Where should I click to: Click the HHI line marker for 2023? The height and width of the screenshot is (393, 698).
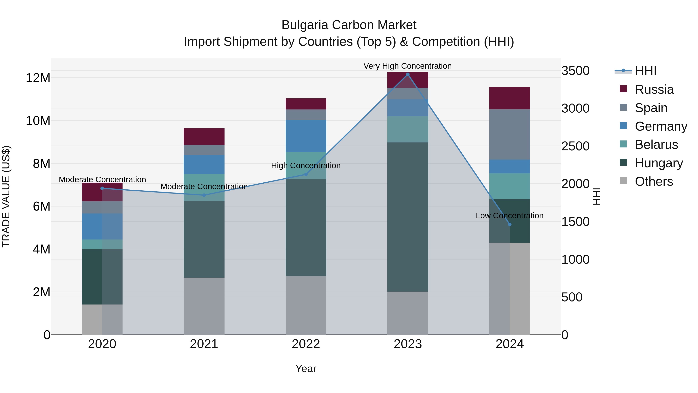click(408, 74)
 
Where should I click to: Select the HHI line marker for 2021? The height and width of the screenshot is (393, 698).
click(204, 195)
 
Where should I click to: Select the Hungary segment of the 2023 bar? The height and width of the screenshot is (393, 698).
click(408, 217)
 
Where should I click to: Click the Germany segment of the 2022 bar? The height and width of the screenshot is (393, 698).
click(306, 136)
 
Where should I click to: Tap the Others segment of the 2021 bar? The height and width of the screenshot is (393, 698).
click(204, 306)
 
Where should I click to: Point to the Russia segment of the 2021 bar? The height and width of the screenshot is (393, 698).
click(204, 136)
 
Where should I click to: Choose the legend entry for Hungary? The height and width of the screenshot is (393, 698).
click(658, 163)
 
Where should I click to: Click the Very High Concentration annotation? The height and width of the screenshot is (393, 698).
click(408, 66)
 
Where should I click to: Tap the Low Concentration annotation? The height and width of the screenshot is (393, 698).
click(509, 216)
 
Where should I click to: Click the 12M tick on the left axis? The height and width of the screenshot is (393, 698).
click(38, 78)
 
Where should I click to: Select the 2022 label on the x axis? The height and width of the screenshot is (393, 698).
click(306, 344)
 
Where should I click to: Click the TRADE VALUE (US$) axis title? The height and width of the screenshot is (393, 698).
click(6, 196)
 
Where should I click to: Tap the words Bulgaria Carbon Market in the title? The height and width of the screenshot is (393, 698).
click(349, 25)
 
